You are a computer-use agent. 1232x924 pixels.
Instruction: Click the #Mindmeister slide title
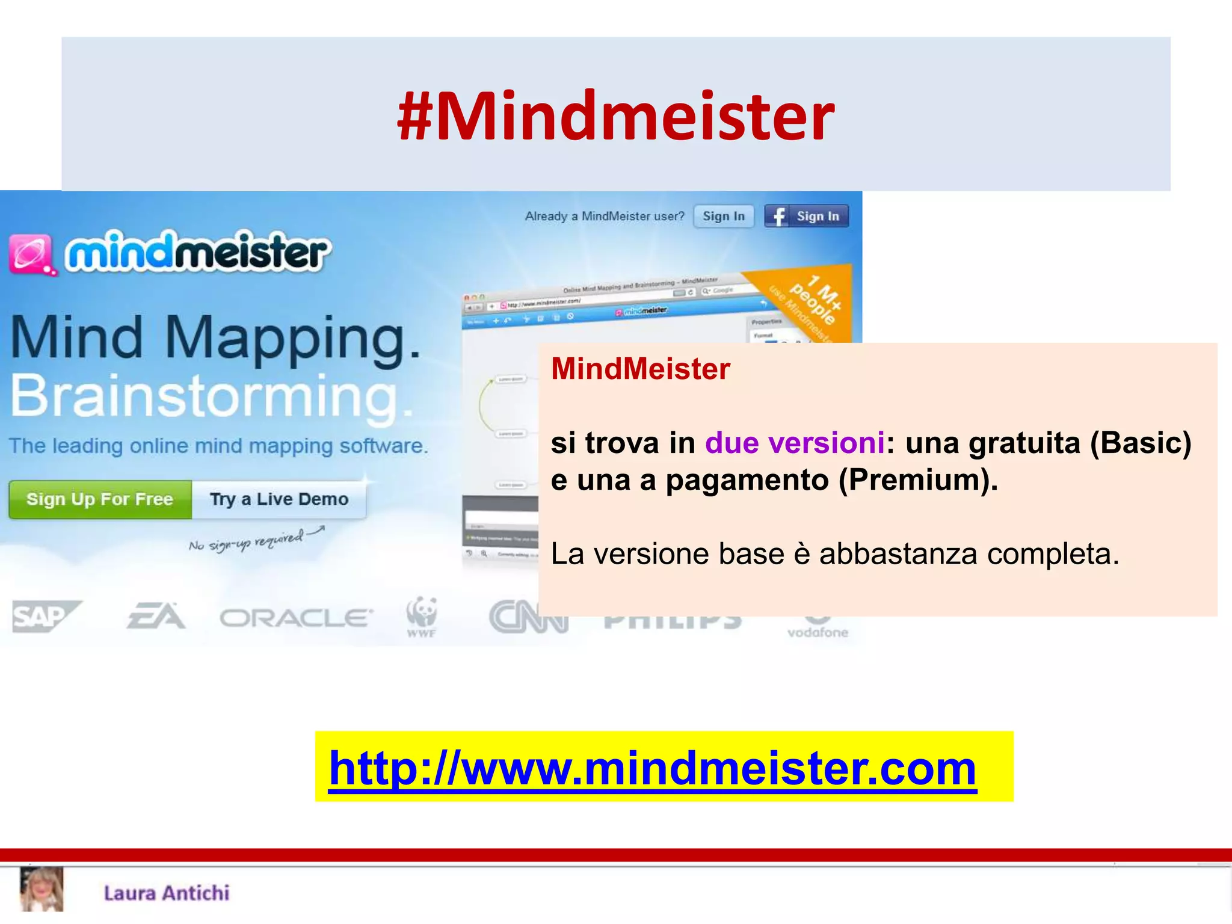615,115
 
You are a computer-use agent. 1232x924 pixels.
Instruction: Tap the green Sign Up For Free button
100,499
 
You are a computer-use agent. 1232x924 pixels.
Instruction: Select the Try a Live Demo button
279,499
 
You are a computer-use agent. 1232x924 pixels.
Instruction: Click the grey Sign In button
723,216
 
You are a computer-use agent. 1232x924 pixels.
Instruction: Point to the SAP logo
45,617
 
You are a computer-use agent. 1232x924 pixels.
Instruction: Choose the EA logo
156,617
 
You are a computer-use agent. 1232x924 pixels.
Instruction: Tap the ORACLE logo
296,618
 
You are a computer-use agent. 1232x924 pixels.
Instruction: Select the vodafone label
818,632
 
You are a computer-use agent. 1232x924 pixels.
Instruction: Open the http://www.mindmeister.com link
653,768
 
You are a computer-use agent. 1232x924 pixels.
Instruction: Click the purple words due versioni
795,443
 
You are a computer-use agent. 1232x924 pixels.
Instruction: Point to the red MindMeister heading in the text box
640,369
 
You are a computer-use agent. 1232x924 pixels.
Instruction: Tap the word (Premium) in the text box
918,480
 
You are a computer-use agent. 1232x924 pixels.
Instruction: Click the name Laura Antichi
167,893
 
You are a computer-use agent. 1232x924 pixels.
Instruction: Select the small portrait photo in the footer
42,889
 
